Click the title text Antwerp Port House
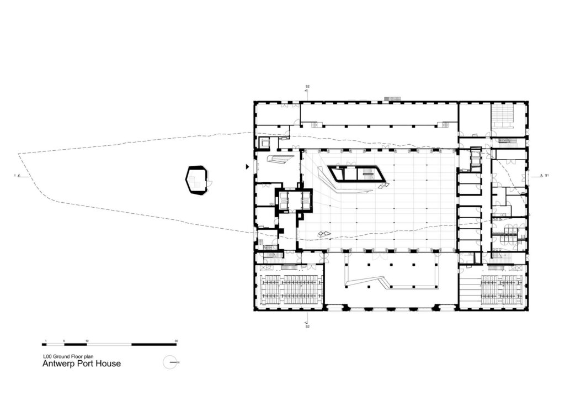pos(82,364)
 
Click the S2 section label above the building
pos(308,87)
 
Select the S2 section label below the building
pos(308,327)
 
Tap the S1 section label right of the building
pos(547,176)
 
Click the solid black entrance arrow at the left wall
pos(247,166)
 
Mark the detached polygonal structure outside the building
pos(197,180)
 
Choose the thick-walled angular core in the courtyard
pos(356,175)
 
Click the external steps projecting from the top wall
pos(392,99)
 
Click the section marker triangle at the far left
pos(19,176)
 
